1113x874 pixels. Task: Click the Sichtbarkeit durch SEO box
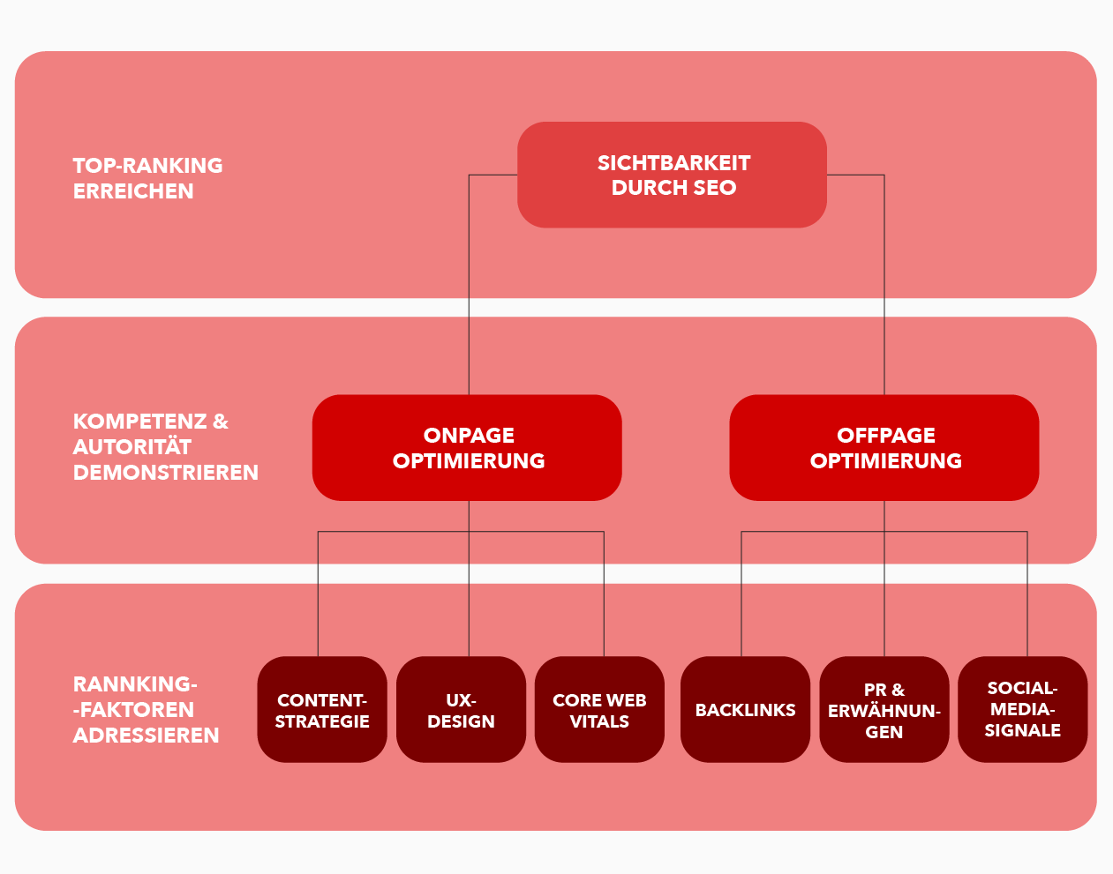click(672, 175)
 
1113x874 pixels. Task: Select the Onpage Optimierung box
click(467, 447)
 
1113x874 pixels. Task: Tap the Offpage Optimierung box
click(884, 447)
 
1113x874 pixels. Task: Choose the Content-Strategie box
click(322, 710)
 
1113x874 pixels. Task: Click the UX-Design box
click(461, 710)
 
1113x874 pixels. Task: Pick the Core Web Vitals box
click(599, 710)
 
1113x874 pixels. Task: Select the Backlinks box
click(745, 710)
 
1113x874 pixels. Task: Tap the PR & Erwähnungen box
click(884, 710)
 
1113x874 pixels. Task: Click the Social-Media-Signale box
click(1022, 709)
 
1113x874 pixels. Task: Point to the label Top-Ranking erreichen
click(147, 178)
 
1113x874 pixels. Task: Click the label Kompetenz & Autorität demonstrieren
click(165, 446)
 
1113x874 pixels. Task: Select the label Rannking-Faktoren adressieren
click(146, 709)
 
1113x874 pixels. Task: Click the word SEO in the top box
click(715, 188)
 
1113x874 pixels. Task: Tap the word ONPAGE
click(469, 435)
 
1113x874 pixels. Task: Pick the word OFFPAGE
click(886, 435)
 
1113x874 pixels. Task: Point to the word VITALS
click(599, 721)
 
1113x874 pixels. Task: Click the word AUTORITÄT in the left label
click(132, 447)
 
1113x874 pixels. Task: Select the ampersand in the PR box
click(898, 690)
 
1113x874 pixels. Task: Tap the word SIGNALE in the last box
click(1022, 730)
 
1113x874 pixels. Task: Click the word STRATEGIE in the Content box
click(322, 721)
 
